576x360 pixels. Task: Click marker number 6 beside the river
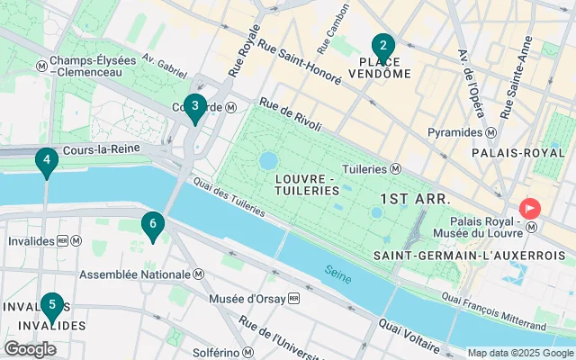click(x=153, y=224)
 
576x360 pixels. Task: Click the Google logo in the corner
click(x=30, y=348)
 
